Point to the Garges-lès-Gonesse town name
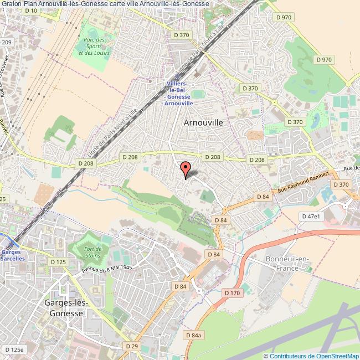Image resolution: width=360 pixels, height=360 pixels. click(63, 308)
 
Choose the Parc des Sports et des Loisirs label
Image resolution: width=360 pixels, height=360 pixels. click(95, 47)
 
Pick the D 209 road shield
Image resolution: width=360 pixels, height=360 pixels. click(6, 42)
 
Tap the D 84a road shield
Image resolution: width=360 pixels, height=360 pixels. click(194, 336)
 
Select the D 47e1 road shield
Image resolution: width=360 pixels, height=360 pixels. click(310, 216)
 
